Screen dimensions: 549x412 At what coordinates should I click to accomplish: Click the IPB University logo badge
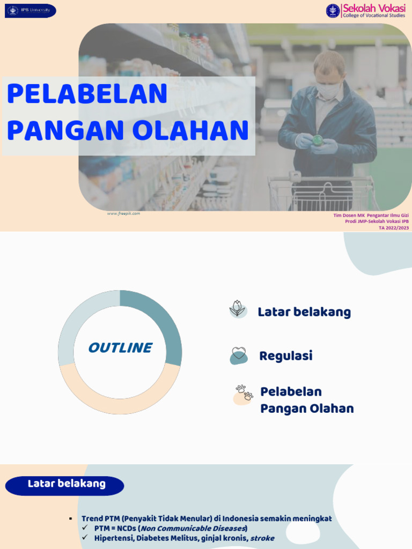[x=31, y=11]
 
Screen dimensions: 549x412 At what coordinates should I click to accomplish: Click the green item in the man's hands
[x=318, y=140]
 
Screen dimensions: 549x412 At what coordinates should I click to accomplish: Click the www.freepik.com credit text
[x=123, y=213]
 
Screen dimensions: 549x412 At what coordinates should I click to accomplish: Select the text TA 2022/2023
[x=394, y=228]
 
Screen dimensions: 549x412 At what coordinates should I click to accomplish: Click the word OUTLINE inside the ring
[x=120, y=348]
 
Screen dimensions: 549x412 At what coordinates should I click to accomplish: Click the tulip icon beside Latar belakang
[x=237, y=309]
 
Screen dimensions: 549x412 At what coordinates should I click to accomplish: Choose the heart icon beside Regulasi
[x=238, y=355]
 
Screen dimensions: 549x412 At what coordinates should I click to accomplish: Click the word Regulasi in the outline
[x=285, y=356]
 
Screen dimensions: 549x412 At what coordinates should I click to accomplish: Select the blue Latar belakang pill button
[x=65, y=485]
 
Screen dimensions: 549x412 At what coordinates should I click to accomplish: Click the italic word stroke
[x=262, y=538]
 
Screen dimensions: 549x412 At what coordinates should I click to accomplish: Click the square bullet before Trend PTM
[x=70, y=518]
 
